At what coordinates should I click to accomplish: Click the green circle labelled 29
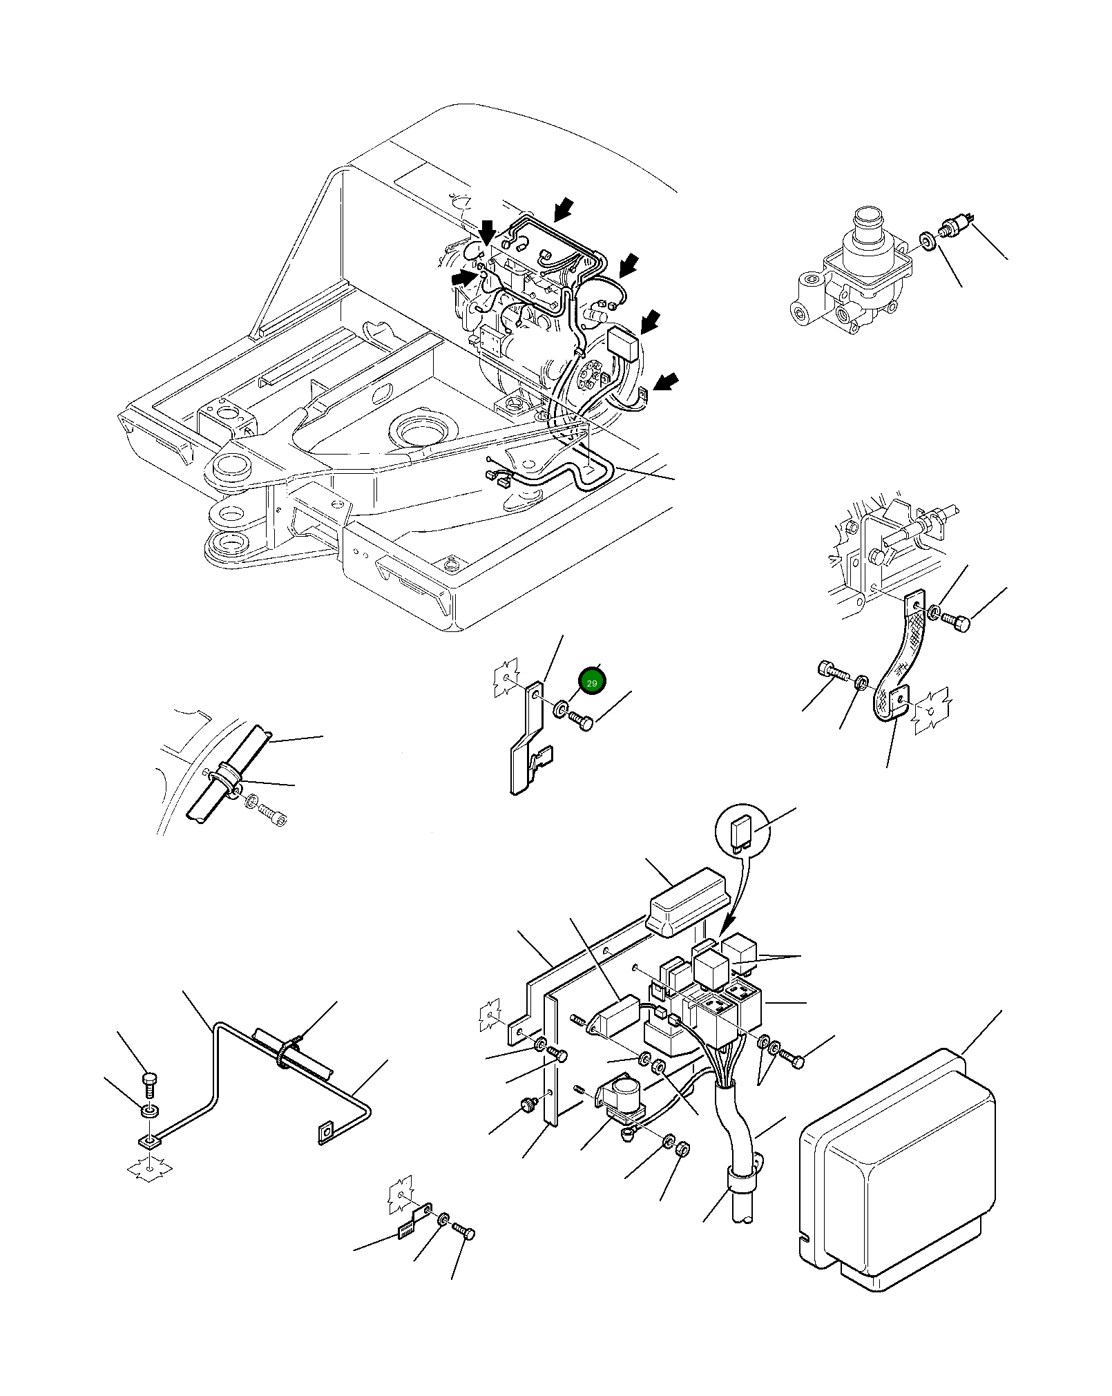click(591, 682)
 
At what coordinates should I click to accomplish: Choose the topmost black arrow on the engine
click(564, 207)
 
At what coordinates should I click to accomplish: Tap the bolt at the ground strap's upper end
click(959, 622)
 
